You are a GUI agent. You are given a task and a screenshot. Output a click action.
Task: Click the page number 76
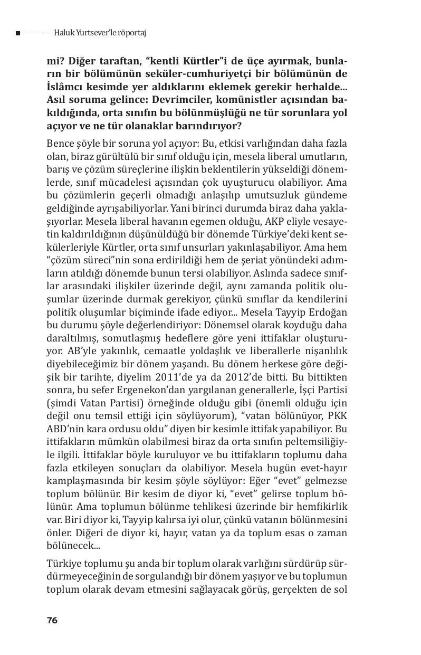point(52,620)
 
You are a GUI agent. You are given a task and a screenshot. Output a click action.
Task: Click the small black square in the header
point(18,33)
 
